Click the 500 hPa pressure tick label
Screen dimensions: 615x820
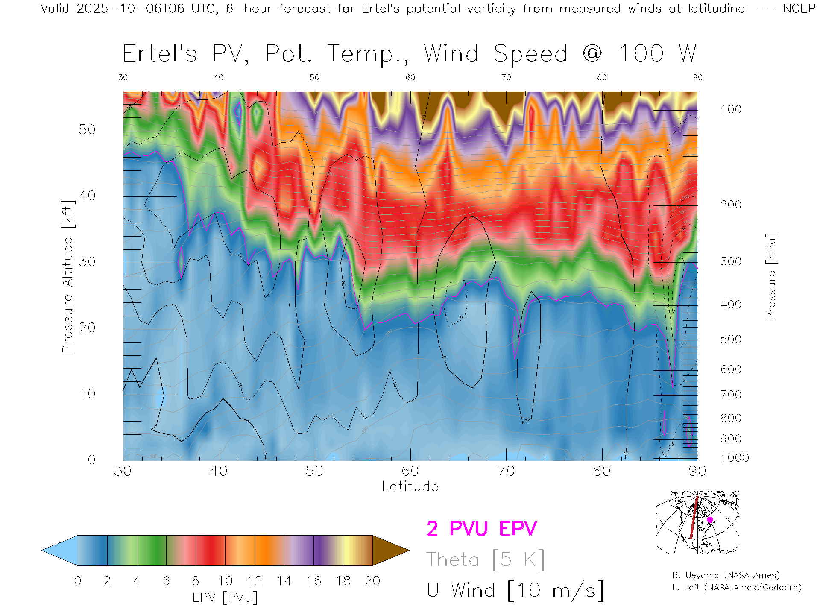point(731,339)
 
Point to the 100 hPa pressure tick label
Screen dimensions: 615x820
point(731,109)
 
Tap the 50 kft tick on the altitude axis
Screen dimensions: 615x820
point(87,129)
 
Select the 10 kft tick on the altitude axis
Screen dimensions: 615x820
point(87,393)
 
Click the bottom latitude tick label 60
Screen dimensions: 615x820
point(410,471)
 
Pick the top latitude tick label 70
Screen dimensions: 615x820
point(506,77)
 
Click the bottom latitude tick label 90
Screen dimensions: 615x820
point(697,471)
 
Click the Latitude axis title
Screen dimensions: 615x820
point(410,486)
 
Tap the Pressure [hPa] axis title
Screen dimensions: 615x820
point(771,276)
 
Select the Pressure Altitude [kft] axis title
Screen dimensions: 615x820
point(67,276)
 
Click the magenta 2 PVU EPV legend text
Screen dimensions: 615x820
point(481,529)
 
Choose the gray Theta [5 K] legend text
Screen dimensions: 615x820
point(485,559)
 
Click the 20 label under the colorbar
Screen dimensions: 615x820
point(372,581)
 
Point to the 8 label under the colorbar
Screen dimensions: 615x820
point(196,581)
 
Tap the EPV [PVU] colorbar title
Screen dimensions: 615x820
point(225,597)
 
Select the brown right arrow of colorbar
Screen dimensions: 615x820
point(389,551)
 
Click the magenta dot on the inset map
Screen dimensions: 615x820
point(710,520)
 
